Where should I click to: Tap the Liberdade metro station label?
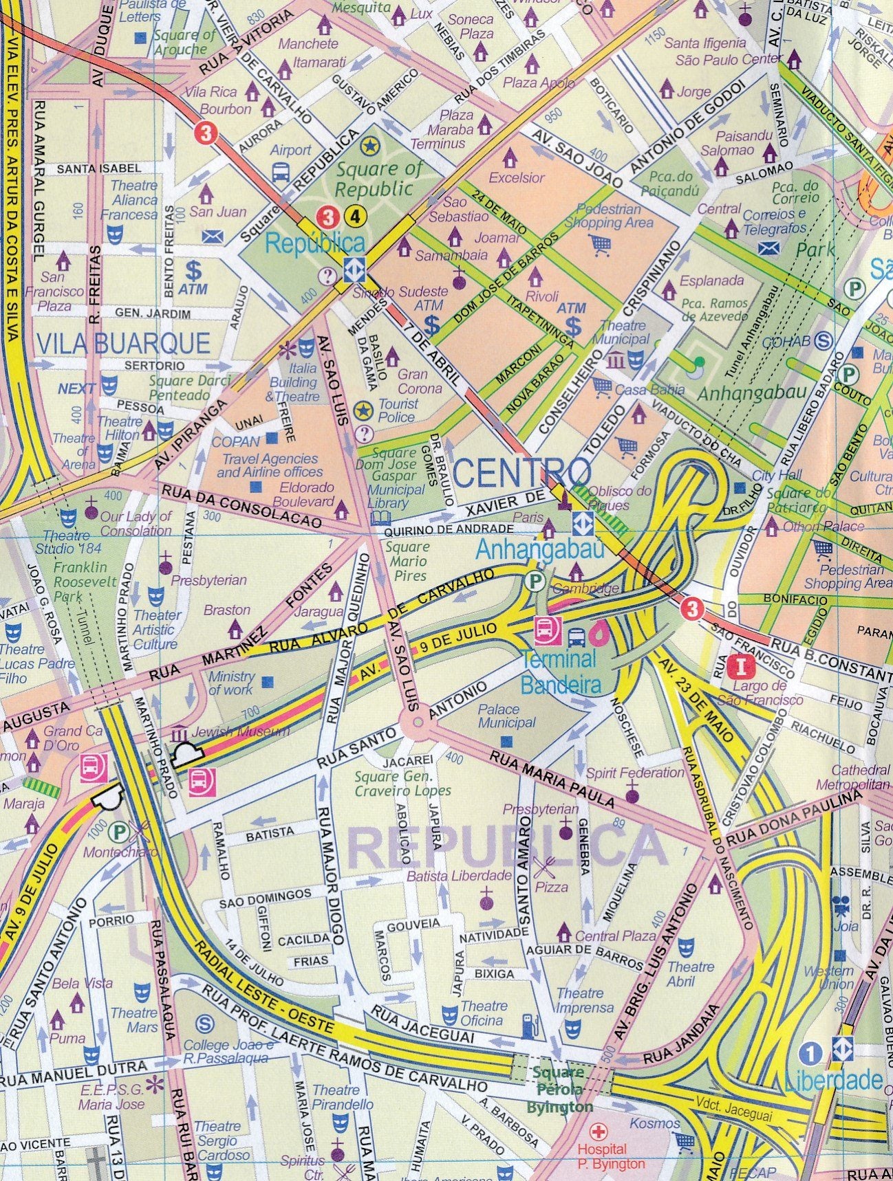[x=833, y=1080]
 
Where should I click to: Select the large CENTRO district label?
[x=522, y=472]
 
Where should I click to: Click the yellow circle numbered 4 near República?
[x=355, y=217]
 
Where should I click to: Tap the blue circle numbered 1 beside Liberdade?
[x=813, y=1053]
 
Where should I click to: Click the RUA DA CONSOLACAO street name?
[x=241, y=507]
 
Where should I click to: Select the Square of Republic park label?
[x=374, y=178]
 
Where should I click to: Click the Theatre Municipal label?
[x=624, y=332]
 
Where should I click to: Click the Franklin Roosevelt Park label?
[x=72, y=580]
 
